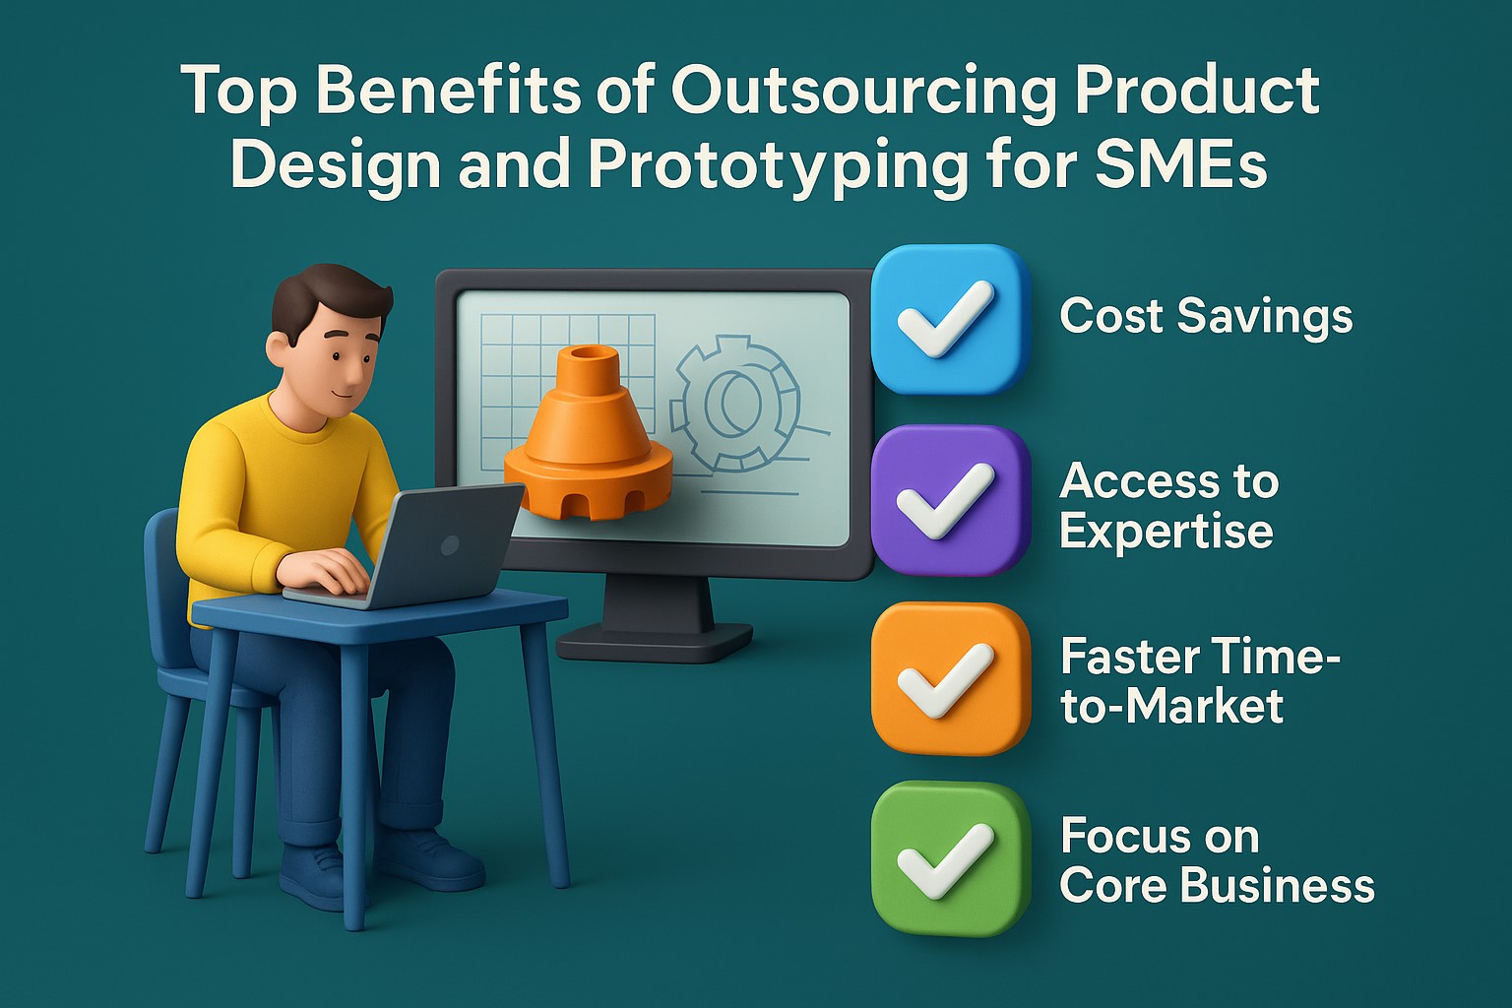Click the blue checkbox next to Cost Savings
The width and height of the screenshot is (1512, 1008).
pos(949,319)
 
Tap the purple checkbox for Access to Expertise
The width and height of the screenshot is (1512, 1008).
pos(949,500)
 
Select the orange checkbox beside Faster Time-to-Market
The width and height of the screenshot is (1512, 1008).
pos(949,679)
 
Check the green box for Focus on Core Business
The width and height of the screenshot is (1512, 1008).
pos(949,858)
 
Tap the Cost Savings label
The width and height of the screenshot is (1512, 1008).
pos(1206,317)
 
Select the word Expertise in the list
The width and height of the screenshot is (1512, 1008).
pos(1166,532)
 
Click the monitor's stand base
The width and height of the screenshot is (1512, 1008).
pos(655,645)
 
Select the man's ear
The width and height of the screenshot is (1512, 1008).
pos(279,349)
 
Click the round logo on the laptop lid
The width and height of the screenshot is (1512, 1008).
pos(450,544)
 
